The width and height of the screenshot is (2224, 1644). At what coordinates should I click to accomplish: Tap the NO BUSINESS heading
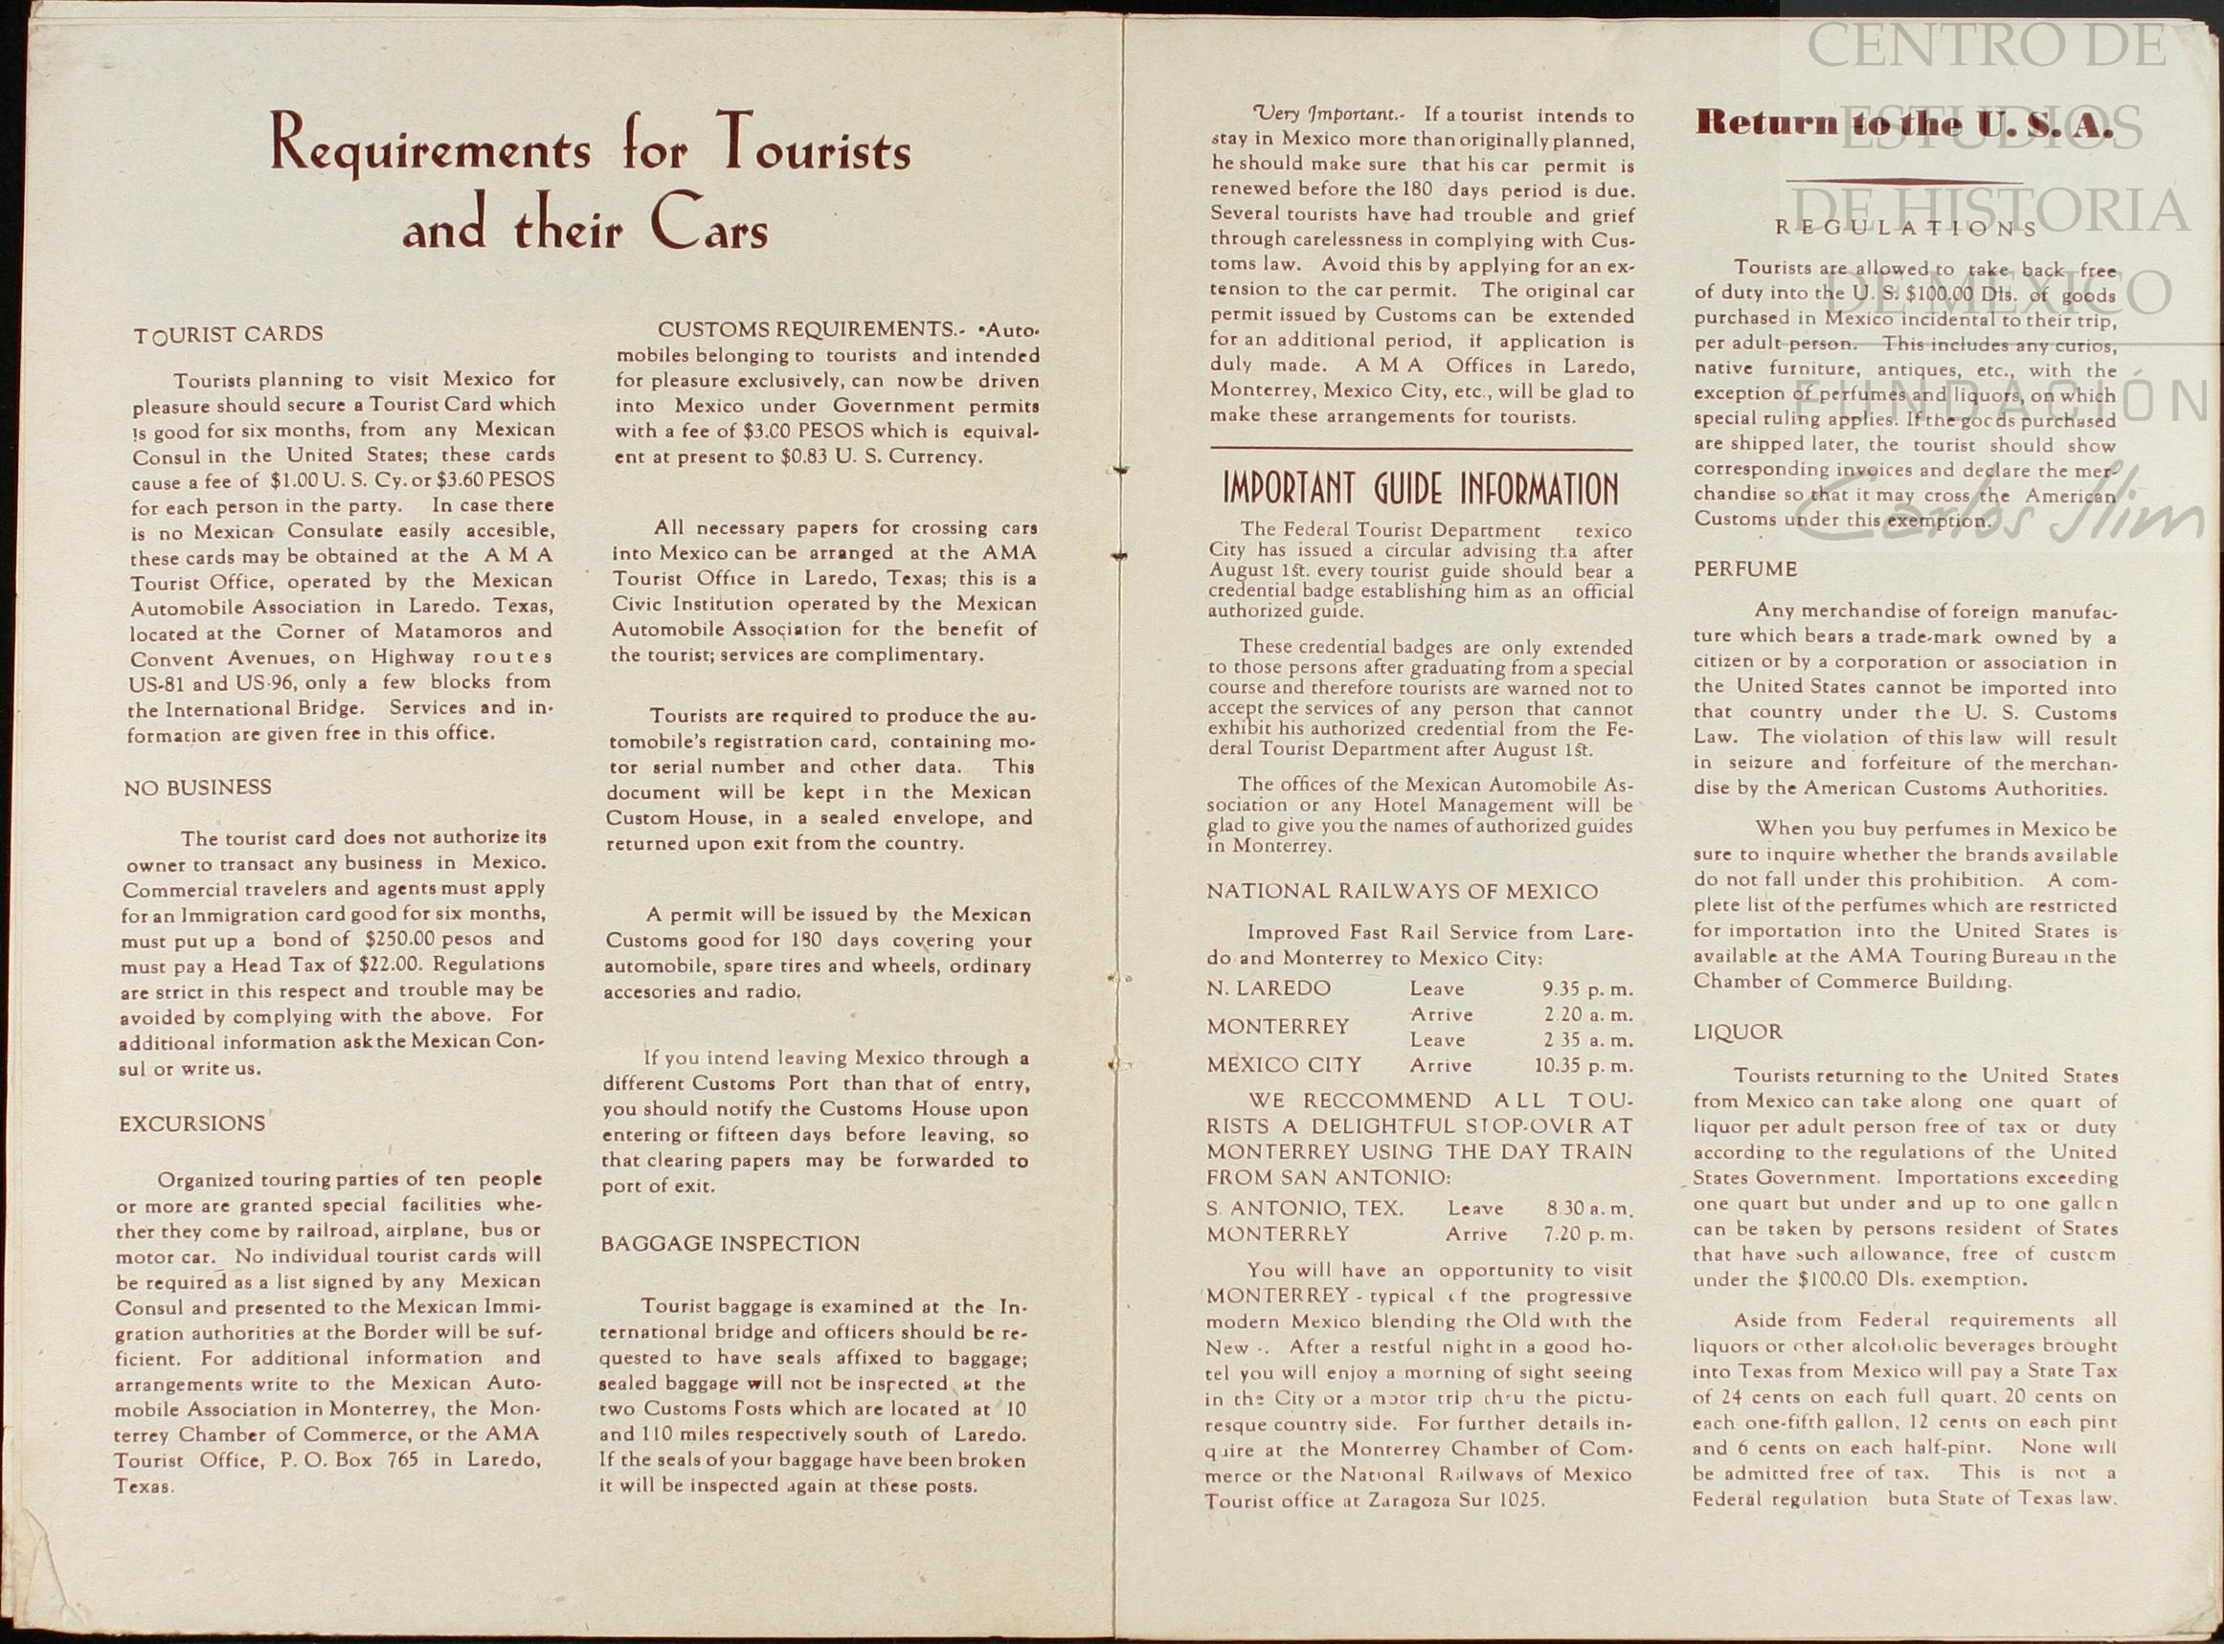(x=197, y=788)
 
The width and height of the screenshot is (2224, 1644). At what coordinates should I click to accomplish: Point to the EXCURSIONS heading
(x=192, y=1123)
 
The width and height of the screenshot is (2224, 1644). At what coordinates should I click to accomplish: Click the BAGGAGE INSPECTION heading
(x=730, y=1244)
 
